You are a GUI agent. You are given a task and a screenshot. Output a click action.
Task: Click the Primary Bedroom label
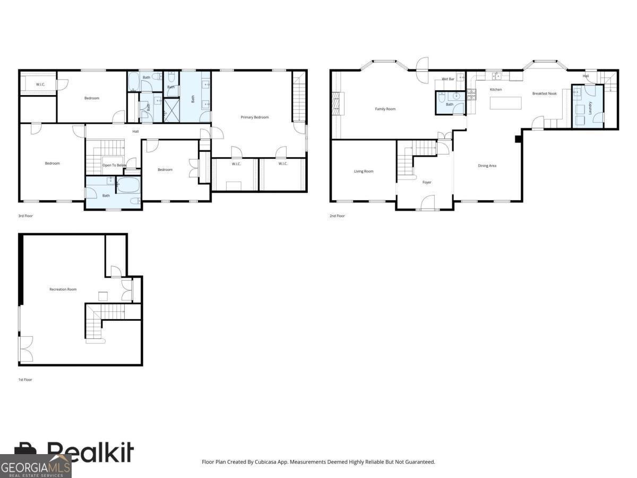point(254,117)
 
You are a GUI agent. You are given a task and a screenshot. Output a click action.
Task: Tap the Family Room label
point(385,109)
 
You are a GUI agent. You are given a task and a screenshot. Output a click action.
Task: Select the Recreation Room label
point(63,289)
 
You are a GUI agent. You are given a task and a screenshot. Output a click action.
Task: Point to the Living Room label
point(364,171)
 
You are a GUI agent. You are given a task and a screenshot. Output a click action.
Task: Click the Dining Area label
point(487,166)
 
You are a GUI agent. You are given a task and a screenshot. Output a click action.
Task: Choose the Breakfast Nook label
point(545,93)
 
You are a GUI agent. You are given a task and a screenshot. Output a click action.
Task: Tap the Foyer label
point(427,182)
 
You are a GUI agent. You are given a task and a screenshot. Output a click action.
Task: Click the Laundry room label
point(590,108)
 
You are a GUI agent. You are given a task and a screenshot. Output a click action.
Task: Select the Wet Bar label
point(448,79)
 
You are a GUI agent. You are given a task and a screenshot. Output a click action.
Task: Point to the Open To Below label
point(114,165)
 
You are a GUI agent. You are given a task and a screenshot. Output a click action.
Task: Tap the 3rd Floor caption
point(25,216)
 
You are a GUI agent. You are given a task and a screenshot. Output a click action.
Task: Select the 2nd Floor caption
point(337,216)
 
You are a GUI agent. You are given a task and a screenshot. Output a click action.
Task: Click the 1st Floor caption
point(25,380)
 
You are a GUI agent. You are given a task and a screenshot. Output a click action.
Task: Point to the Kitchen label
point(496,89)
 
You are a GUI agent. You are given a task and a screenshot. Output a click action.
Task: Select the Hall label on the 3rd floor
point(135,131)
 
